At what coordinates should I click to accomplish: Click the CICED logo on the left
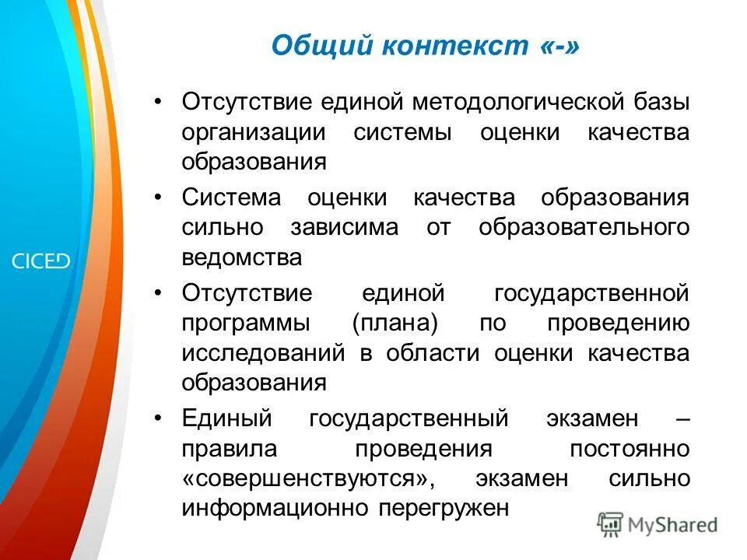click(40, 261)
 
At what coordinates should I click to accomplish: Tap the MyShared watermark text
click(672, 525)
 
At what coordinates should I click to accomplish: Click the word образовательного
click(584, 228)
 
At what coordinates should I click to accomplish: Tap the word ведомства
click(241, 257)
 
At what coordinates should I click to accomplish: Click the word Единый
click(226, 418)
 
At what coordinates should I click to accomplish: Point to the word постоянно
click(629, 449)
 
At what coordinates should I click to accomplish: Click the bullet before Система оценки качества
click(159, 198)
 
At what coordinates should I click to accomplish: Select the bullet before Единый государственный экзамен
click(159, 418)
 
